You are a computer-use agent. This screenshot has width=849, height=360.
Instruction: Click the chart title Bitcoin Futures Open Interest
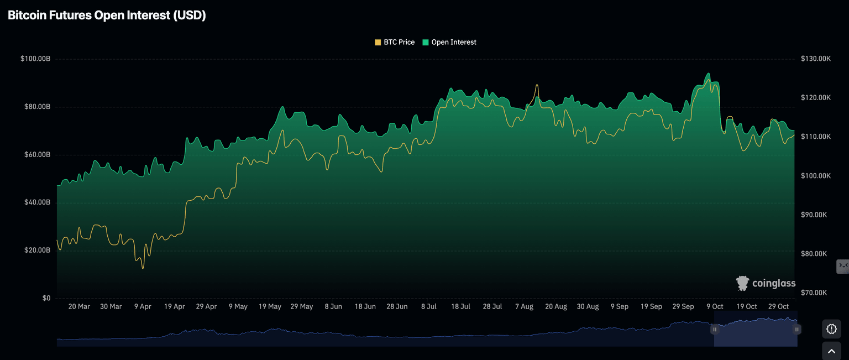[107, 15]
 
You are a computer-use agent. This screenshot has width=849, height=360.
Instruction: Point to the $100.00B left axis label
[35, 59]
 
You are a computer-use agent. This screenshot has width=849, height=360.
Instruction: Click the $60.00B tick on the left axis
[35, 155]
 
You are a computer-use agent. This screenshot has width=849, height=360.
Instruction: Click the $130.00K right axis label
[815, 59]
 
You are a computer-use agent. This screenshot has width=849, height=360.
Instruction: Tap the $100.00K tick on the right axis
[815, 176]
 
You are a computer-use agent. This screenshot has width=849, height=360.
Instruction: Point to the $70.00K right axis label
[814, 293]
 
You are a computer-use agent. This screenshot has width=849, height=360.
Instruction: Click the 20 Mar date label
[79, 306]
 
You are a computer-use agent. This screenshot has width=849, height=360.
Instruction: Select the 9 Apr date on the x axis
[143, 306]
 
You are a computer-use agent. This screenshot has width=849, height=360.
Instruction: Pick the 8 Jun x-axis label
[333, 306]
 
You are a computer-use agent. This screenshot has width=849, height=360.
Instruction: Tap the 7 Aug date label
[524, 306]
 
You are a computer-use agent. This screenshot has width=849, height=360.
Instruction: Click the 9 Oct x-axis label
[715, 306]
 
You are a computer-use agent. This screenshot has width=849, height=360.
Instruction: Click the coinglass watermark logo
[766, 284]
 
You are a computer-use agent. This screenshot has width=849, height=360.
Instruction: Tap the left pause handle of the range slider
[714, 330]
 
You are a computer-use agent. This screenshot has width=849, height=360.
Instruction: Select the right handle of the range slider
[797, 330]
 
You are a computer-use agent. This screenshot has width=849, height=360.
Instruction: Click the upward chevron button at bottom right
[831, 351]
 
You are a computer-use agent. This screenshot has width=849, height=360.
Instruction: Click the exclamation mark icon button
[831, 329]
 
